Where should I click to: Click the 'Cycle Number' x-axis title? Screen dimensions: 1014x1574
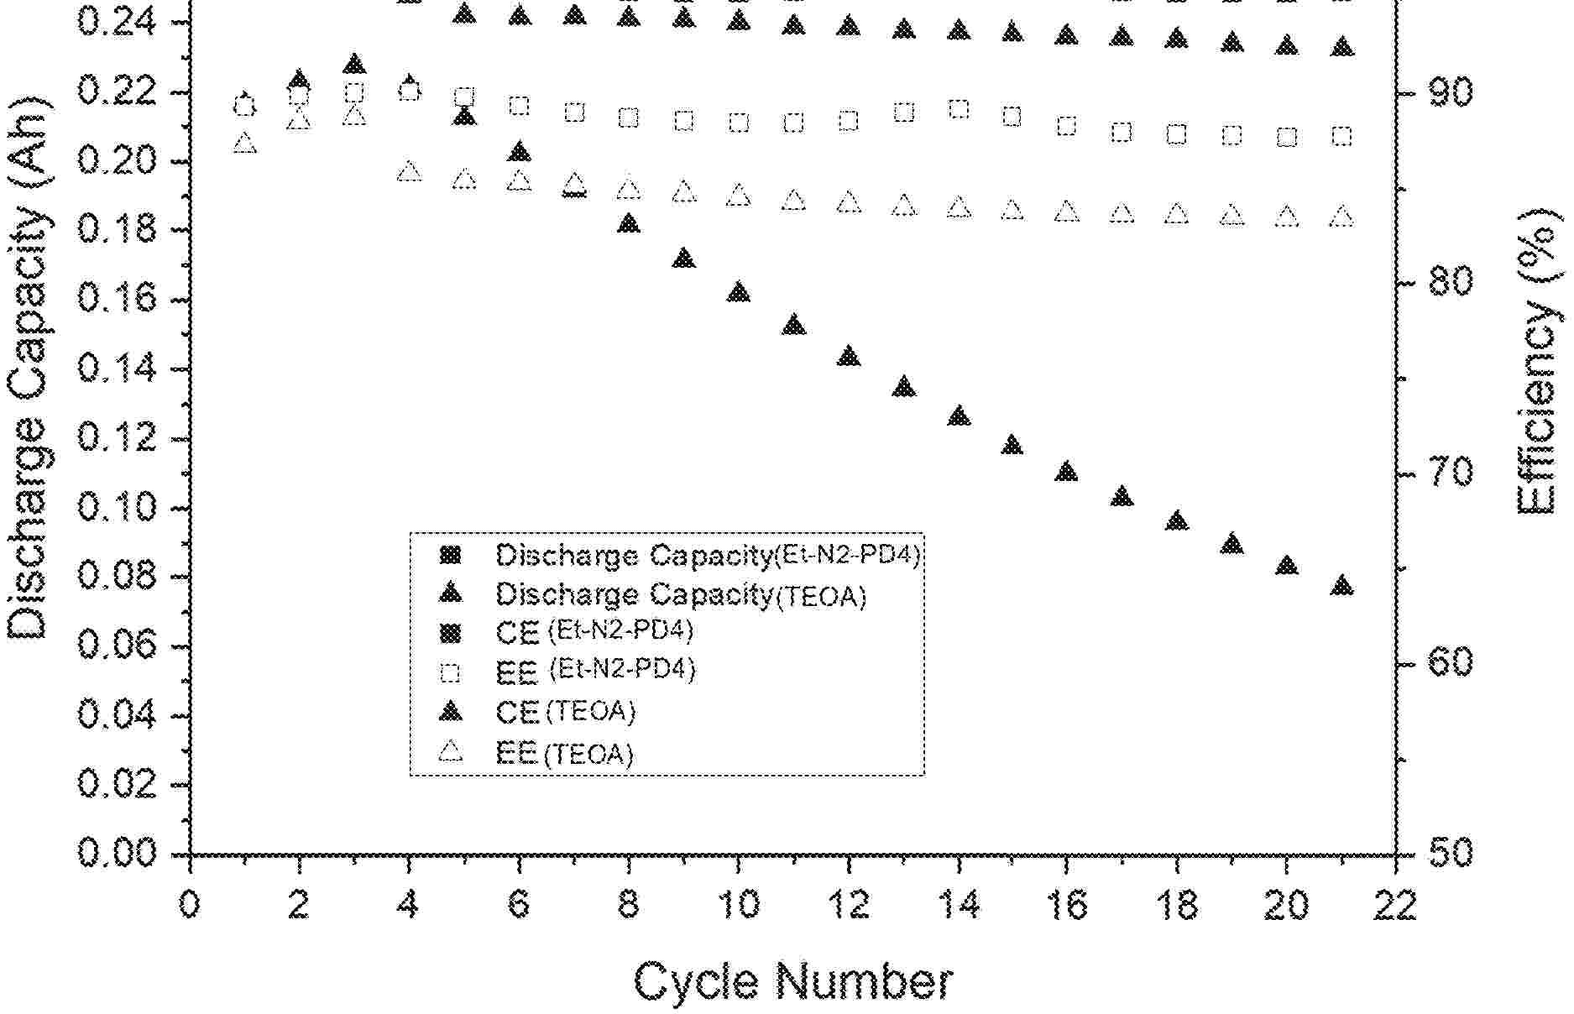792,981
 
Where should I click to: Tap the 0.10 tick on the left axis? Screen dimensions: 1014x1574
118,508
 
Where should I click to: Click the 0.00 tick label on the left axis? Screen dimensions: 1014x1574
118,854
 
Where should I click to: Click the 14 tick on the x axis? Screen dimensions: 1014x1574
959,905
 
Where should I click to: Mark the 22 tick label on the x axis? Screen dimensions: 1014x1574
1396,905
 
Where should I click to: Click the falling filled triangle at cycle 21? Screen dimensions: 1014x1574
1341,585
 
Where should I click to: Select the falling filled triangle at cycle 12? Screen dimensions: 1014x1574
849,356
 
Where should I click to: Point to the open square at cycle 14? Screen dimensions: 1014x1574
959,109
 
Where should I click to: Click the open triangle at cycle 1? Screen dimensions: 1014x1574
244,144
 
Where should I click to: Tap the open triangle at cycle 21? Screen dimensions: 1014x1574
1341,217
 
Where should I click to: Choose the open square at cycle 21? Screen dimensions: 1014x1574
1341,136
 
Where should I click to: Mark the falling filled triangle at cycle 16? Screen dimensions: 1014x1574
1066,471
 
